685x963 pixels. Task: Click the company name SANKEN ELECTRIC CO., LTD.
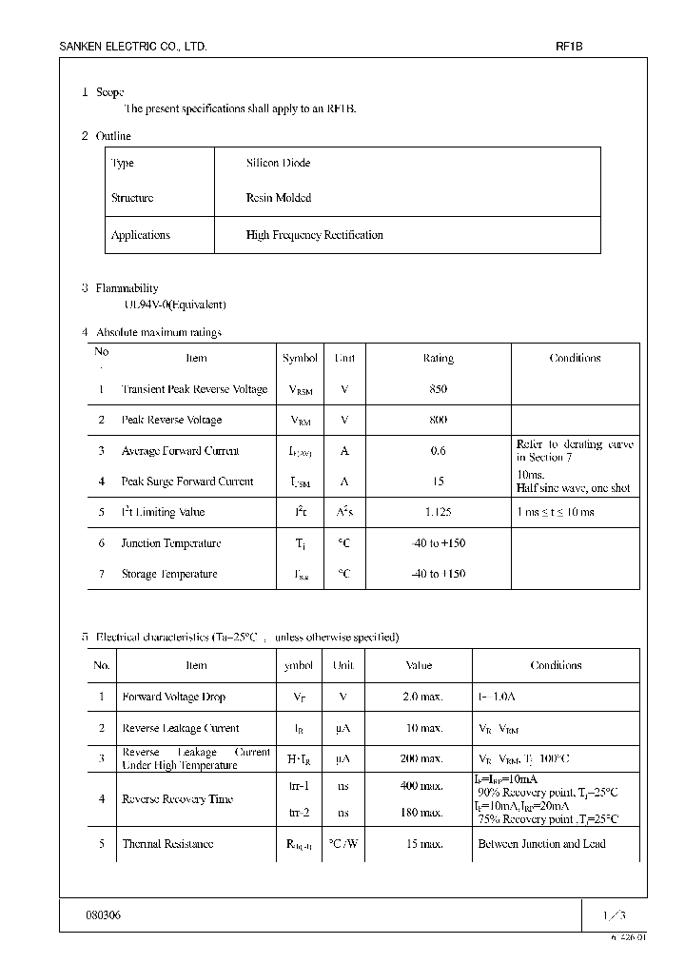(133, 47)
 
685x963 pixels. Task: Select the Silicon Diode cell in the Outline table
(278, 164)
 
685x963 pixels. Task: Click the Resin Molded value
(278, 198)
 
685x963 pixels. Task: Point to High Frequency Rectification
(314, 235)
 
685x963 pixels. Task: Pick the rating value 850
(438, 389)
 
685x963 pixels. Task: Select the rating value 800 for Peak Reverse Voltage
(438, 420)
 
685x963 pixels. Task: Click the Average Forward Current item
(181, 451)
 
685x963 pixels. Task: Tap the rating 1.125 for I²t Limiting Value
(438, 512)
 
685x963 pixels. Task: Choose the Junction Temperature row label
(171, 543)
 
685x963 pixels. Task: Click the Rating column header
(438, 359)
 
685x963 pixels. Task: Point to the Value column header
(419, 666)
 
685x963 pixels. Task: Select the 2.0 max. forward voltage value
(422, 697)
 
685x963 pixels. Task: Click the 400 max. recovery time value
(421, 785)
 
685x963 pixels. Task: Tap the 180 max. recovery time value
(421, 813)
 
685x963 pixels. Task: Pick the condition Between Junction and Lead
(541, 844)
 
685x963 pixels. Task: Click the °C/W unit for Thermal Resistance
(342, 844)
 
